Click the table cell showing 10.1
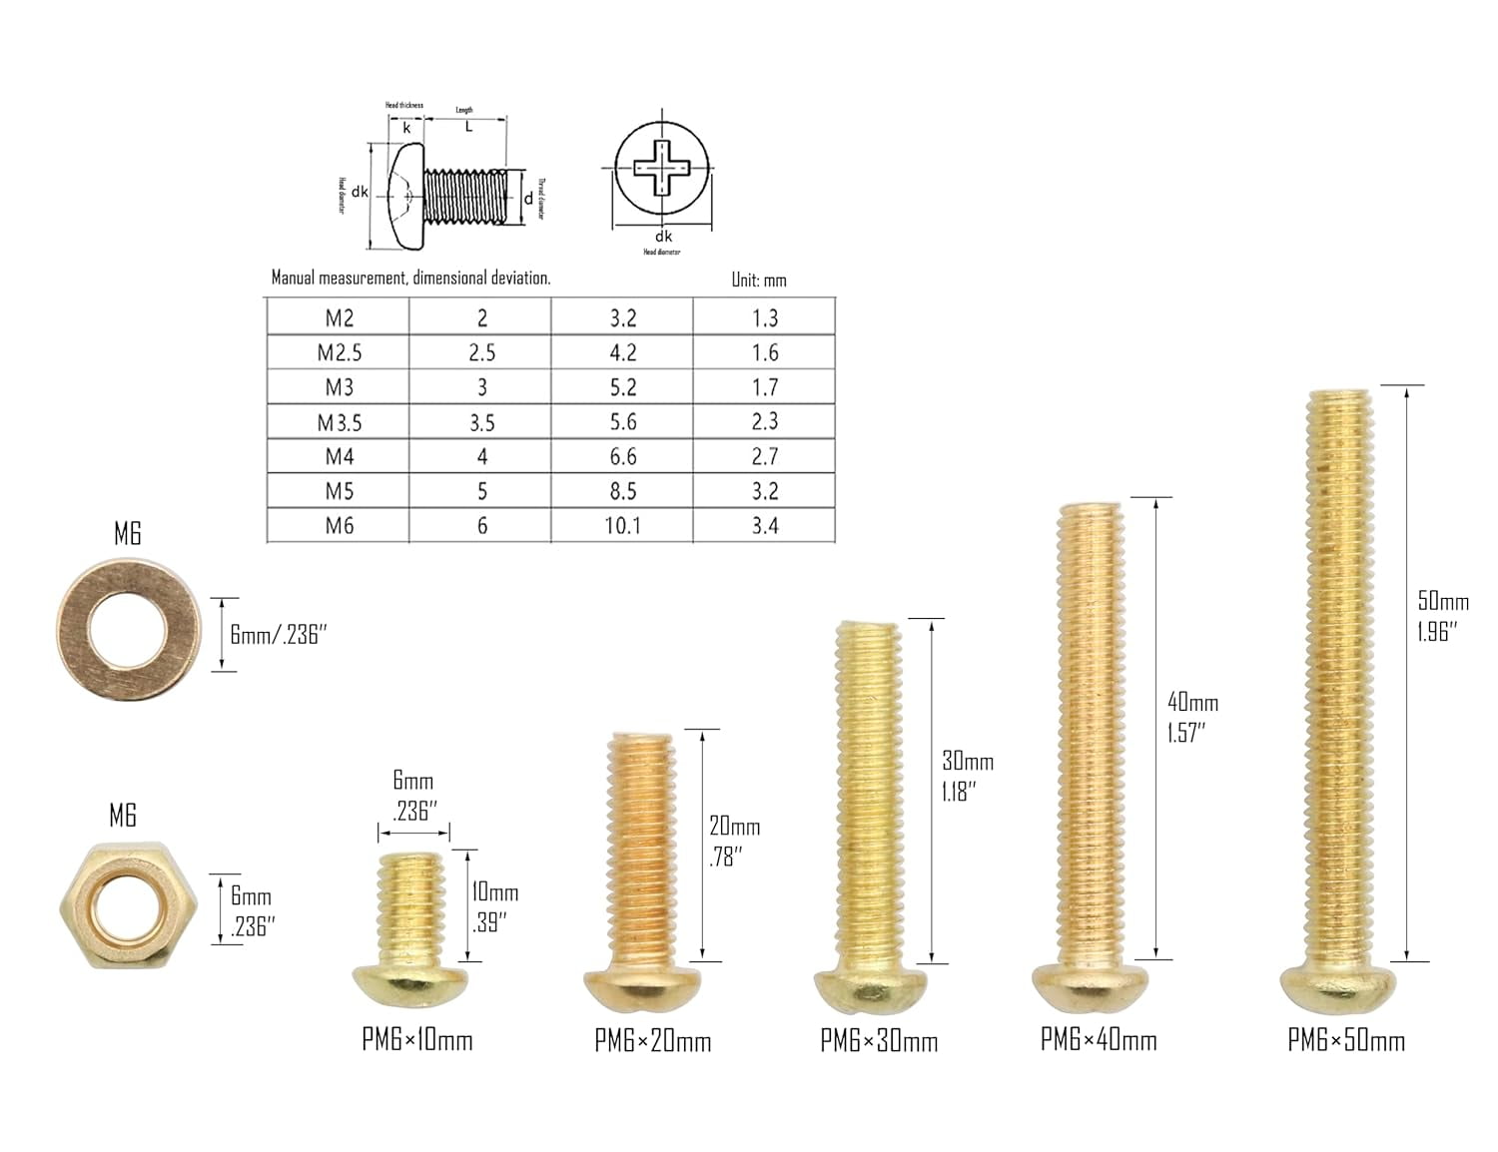[x=622, y=526]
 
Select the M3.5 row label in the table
[x=340, y=422]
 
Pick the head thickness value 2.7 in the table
[x=764, y=457]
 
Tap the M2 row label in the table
[x=340, y=318]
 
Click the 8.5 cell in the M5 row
[x=622, y=491]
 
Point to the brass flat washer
[x=128, y=632]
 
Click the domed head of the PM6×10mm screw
[x=409, y=982]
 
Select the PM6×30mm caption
[x=879, y=1041]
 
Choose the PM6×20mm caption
[x=653, y=1041]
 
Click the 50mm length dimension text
[x=1443, y=601]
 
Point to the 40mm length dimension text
[x=1192, y=702]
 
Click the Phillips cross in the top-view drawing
[x=662, y=167]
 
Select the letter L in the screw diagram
[x=468, y=127]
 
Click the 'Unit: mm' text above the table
[x=759, y=281]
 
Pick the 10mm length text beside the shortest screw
[x=494, y=892]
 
